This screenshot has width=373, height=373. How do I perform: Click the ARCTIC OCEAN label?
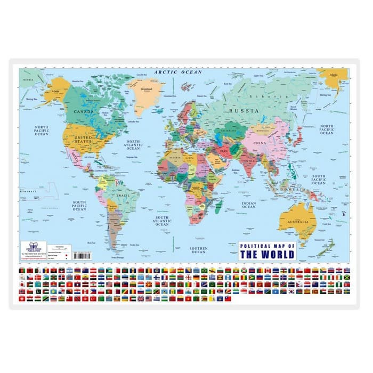click(178, 72)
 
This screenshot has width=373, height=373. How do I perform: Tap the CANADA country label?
click(83, 112)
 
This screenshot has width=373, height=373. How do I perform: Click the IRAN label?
click(225, 151)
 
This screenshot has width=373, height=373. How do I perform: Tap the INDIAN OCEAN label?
click(248, 205)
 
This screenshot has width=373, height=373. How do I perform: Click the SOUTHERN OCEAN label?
click(198, 250)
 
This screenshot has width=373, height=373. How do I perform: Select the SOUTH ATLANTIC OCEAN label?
click(162, 221)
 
